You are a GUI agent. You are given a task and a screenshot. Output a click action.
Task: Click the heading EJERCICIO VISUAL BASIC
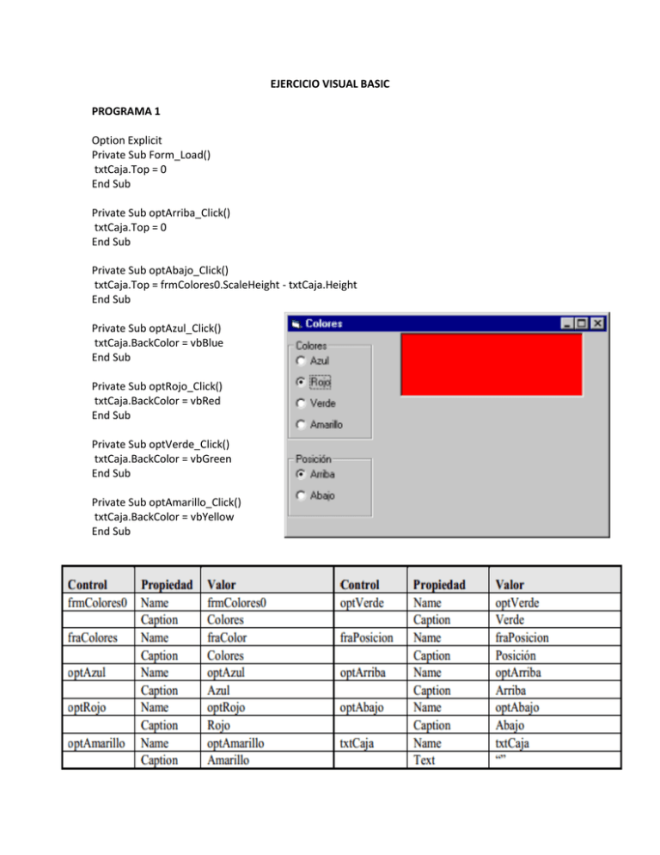pos(328,84)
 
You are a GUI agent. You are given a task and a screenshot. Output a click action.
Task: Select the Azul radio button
pos(300,360)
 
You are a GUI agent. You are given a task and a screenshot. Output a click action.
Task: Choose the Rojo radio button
pos(300,381)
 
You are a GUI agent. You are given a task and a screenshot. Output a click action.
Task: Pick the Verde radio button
pos(300,403)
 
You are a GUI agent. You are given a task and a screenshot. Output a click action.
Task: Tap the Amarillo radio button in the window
pos(300,424)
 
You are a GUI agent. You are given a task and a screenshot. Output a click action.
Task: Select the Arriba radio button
pos(300,473)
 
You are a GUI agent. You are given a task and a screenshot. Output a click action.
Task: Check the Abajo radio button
pos(300,495)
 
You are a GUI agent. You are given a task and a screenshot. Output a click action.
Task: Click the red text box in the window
pos(492,364)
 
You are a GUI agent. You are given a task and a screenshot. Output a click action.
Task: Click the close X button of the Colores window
pos(597,323)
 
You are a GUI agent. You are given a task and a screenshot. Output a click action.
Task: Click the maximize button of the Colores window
pos(582,323)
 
